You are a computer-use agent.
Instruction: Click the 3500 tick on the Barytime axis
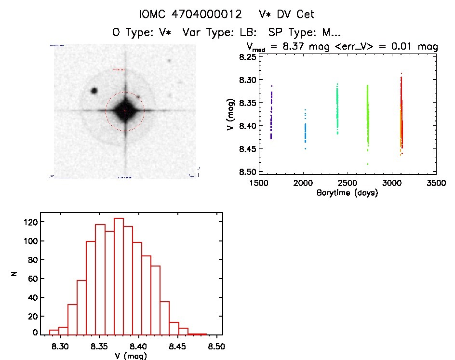point(436,184)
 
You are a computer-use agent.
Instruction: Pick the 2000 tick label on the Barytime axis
point(303,184)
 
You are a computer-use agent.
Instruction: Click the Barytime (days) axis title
point(347,193)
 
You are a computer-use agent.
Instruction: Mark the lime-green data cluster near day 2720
point(367,116)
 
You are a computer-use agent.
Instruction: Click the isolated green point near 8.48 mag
point(367,164)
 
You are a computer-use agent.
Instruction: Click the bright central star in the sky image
point(125,111)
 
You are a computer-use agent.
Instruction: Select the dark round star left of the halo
point(94,91)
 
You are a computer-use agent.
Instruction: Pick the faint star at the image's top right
point(169,61)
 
